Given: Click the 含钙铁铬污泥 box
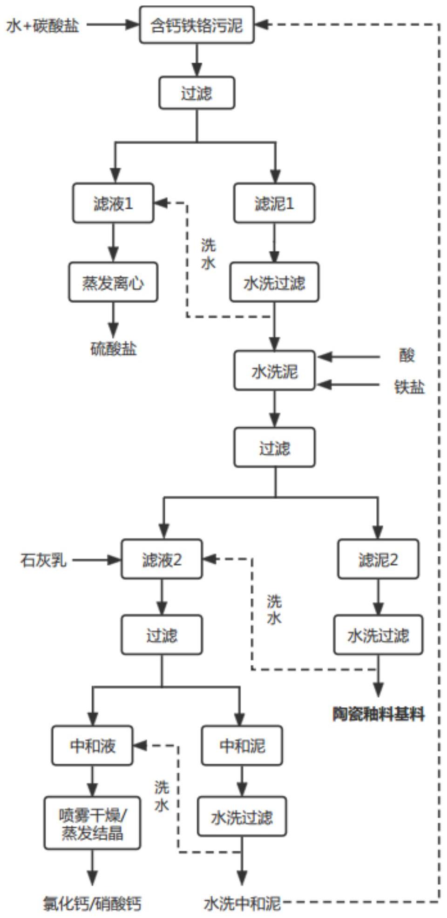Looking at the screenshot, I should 197,25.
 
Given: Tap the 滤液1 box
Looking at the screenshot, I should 113,203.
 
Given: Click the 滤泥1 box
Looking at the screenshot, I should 274,203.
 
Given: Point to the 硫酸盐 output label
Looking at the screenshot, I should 113,348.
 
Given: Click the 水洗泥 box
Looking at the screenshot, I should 274,371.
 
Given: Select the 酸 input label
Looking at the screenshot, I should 406,356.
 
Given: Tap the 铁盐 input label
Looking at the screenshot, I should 409,386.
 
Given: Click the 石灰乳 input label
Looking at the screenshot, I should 43,560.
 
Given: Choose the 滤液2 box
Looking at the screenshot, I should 162,560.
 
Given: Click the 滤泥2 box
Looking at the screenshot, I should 378,560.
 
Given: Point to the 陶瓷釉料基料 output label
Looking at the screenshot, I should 378,714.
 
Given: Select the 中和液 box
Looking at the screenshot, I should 92,746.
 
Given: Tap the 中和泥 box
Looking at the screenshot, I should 242,746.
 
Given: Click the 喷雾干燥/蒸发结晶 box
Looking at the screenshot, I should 92,823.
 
